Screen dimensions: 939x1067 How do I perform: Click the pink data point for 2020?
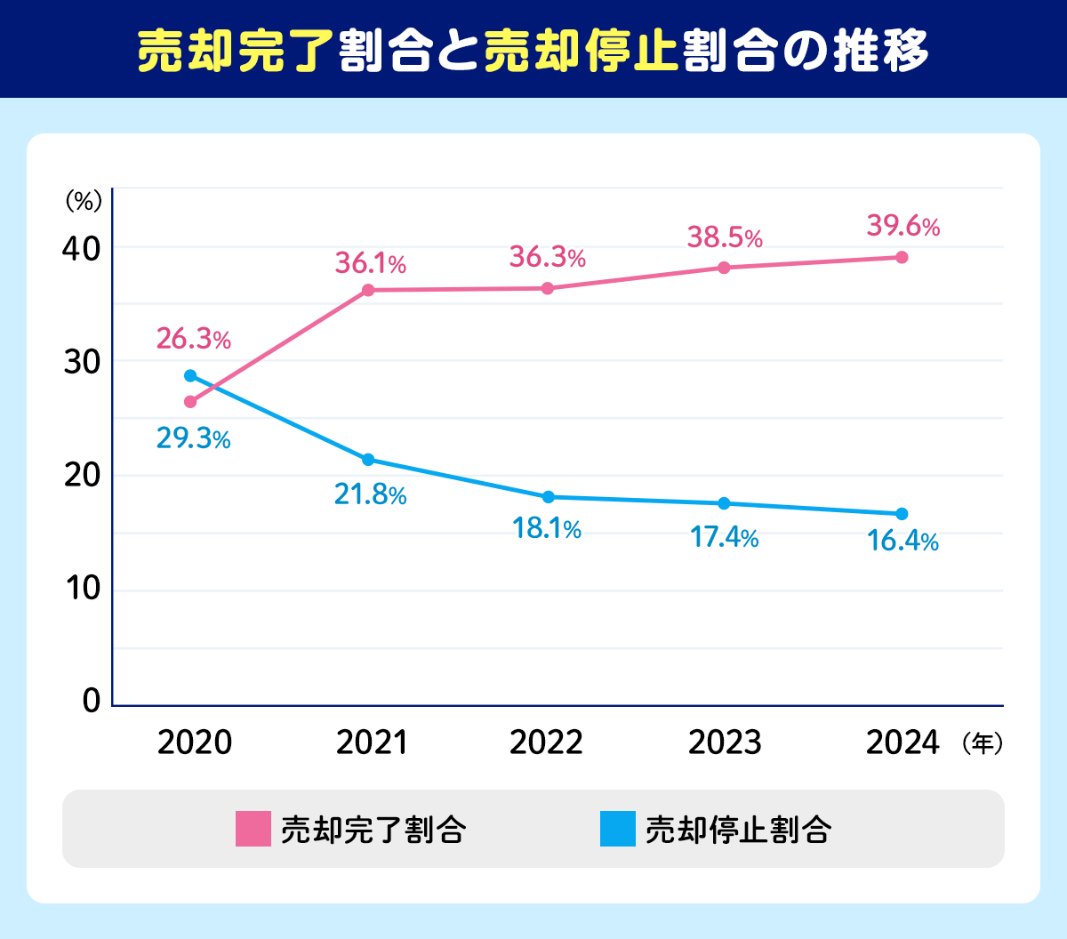[x=190, y=402]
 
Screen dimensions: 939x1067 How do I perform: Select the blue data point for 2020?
[x=190, y=376]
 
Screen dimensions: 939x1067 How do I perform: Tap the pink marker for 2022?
[x=548, y=288]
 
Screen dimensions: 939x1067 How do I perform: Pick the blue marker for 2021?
[x=368, y=460]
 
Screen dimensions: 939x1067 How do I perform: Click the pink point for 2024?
[x=902, y=258]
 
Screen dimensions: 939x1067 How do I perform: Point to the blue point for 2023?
[x=724, y=503]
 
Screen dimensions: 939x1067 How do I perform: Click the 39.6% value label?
[x=903, y=227]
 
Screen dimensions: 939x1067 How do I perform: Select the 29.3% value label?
[x=194, y=438]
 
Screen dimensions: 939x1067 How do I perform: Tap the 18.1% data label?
[x=547, y=529]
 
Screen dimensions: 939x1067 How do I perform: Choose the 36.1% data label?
[x=370, y=263]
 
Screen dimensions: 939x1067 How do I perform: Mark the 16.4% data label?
[x=903, y=541]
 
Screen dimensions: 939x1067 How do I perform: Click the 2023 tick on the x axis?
[x=725, y=742]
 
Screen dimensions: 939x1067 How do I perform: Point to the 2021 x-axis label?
[x=372, y=742]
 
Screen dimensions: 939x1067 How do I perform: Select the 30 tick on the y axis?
[x=80, y=362]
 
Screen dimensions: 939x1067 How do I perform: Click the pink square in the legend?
[x=253, y=829]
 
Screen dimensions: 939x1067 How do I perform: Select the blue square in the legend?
[x=617, y=829]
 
